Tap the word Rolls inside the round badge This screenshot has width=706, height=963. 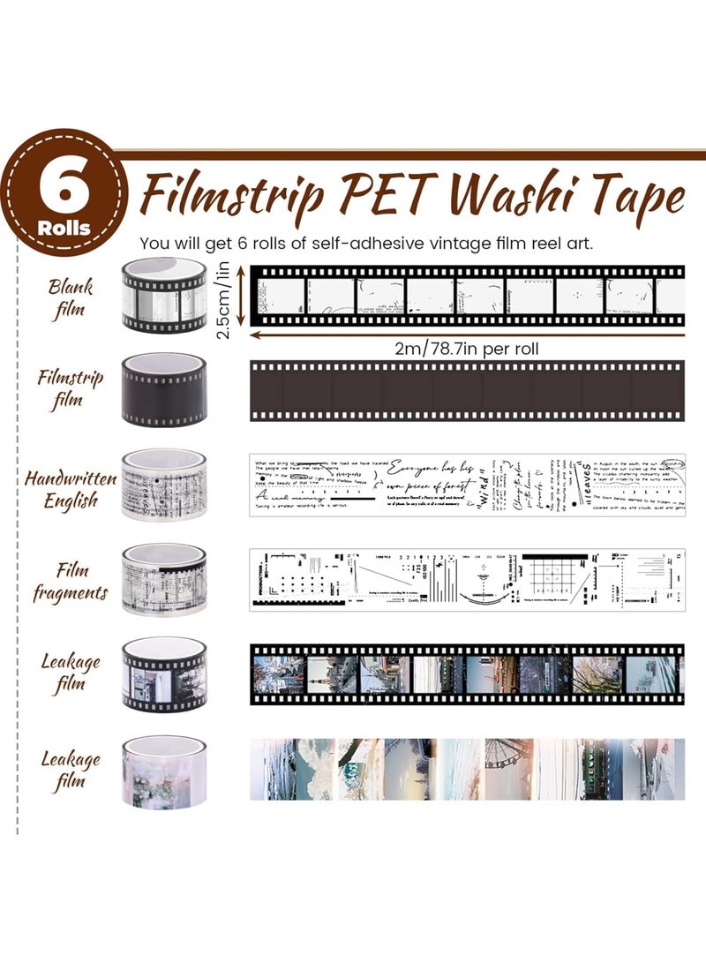64,227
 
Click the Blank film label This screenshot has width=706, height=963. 71,298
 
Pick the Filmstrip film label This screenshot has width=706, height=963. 71,389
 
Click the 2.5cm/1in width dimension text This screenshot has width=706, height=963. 232,297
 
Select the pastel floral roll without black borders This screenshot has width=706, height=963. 164,770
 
